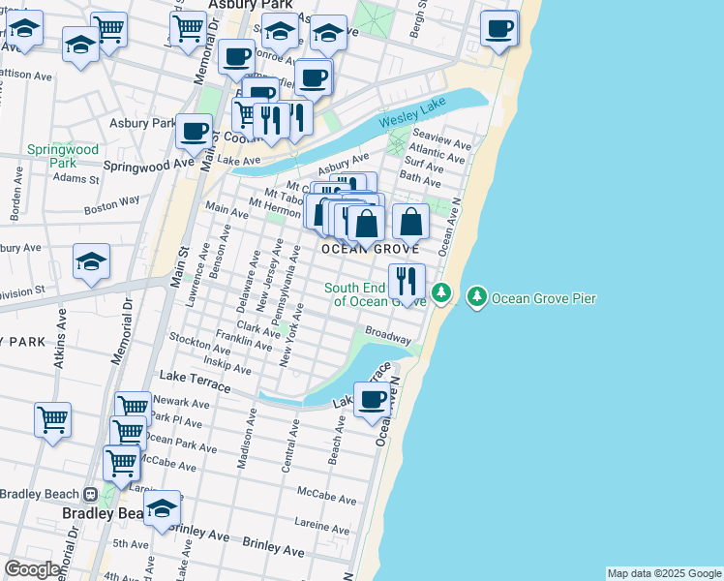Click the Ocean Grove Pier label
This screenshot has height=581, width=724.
[x=544, y=298]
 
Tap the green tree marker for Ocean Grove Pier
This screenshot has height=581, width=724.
[x=477, y=295]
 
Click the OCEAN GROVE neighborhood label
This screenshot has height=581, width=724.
[x=370, y=249]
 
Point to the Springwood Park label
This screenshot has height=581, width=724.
[x=63, y=156]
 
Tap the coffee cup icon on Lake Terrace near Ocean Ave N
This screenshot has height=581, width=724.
[x=372, y=399]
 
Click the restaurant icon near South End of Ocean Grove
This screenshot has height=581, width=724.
[x=407, y=282]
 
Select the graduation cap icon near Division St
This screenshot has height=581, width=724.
[x=92, y=261]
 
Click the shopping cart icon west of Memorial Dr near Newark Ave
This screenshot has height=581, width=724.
[x=52, y=420]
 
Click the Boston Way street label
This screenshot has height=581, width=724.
[x=112, y=204]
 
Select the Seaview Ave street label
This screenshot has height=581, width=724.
[x=441, y=138]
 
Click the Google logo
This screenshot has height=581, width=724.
[x=32, y=570]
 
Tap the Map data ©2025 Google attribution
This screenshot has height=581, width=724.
[x=664, y=573]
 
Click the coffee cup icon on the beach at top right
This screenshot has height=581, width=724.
[x=499, y=28]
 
